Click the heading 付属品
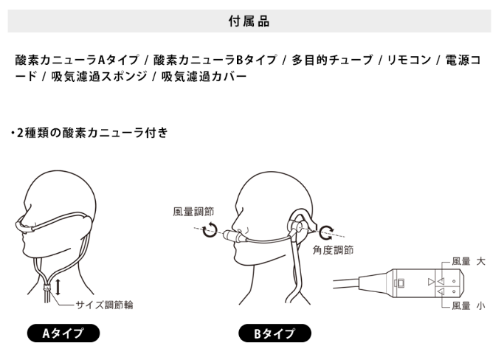tap(249, 21)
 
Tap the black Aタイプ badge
tap(63, 333)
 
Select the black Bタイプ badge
tap(275, 333)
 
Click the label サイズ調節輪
tap(105, 305)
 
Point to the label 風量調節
tap(193, 212)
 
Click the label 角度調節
tap(333, 250)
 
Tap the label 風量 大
tap(469, 261)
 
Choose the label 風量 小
tap(469, 305)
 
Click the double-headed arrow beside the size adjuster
tap(58, 287)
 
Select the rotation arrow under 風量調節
tap(210, 230)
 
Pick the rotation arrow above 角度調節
tap(327, 232)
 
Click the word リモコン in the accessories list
tap(409, 60)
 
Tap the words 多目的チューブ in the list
tap(332, 60)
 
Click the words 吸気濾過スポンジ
tap(99, 77)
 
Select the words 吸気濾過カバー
tap(204, 77)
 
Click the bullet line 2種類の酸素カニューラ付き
tap(90, 133)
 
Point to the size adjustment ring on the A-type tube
tap(47, 288)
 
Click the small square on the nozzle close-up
tap(401, 283)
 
